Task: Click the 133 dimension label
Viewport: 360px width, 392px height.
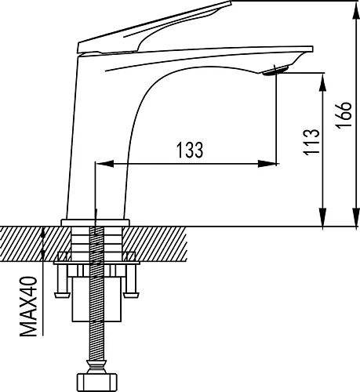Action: pos(190,151)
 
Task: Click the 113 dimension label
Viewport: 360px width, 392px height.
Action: pos(311,142)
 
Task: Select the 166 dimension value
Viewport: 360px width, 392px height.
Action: pos(344,114)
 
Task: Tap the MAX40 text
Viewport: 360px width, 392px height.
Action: pos(28,307)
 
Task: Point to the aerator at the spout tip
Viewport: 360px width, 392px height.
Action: pos(275,71)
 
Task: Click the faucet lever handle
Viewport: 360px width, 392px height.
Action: pos(155,27)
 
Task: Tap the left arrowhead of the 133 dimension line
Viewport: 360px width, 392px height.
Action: pos(104,164)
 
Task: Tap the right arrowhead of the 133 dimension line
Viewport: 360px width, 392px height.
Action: pos(267,164)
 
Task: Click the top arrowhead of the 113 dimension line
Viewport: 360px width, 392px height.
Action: pos(323,82)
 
